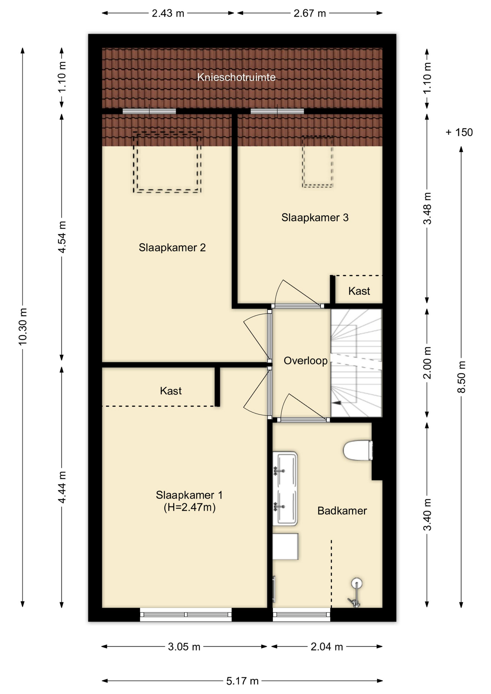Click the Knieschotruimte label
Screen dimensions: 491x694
coord(236,77)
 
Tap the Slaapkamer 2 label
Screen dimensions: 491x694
coord(172,248)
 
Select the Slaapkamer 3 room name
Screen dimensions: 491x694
coord(315,218)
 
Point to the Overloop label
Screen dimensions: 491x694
coord(306,361)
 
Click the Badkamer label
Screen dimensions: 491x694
coord(342,511)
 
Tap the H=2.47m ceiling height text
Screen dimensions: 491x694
coord(189,507)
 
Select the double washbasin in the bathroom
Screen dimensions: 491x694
coord(285,488)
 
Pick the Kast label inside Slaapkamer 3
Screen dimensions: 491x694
coord(359,291)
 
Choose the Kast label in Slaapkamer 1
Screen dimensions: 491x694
coord(171,391)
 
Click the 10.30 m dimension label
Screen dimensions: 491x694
coord(23,327)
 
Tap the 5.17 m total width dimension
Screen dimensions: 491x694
coord(242,681)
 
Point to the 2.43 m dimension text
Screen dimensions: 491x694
coord(168,13)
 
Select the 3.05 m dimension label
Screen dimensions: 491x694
coord(184,647)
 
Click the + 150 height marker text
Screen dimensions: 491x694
coord(459,132)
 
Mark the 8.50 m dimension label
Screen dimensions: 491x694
coord(462,377)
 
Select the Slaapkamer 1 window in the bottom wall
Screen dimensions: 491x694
coord(186,614)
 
